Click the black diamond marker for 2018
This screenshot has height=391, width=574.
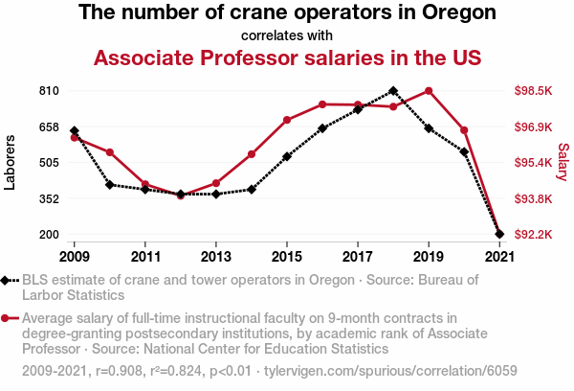pos(393,91)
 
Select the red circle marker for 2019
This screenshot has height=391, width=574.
pos(429,91)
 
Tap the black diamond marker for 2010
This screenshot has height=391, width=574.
pos(110,184)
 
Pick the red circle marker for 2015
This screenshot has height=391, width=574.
pos(287,120)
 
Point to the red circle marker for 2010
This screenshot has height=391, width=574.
pos(110,152)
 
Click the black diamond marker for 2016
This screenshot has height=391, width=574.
pos(322,127)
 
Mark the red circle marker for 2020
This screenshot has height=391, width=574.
pos(464,129)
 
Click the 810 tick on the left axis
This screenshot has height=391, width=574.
pos(51,91)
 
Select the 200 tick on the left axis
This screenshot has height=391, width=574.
pos(51,235)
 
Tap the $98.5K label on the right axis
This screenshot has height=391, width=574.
pos(533,91)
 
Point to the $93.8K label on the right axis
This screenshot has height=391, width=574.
pos(533,199)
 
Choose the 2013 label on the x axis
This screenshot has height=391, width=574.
pos(216,257)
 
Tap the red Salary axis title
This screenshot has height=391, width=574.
pos(563,163)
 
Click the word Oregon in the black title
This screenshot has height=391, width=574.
pos(458,13)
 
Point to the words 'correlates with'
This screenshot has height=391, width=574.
pos(287,36)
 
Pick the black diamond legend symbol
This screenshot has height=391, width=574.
pos(11,280)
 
